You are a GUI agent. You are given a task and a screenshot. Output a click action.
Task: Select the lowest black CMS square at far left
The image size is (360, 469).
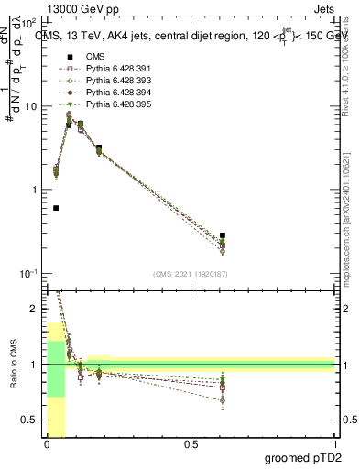click(56, 208)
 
